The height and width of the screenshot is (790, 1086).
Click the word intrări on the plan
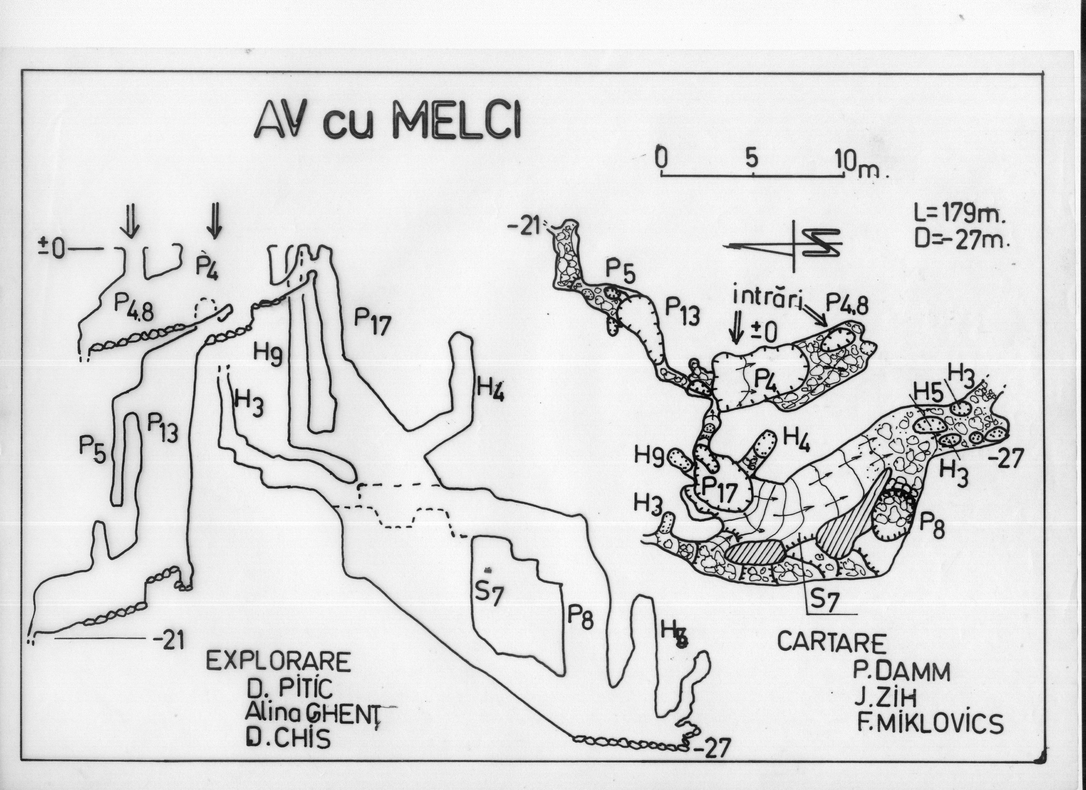pyautogui.click(x=767, y=297)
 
